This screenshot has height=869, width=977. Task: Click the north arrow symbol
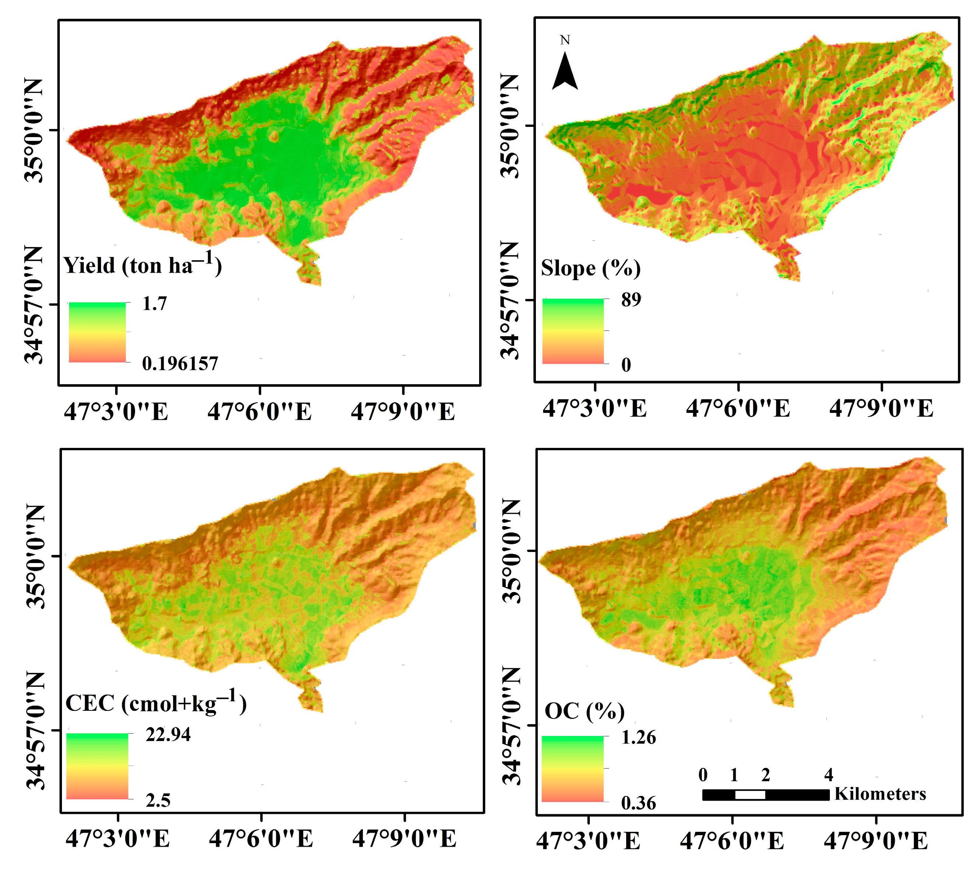(565, 72)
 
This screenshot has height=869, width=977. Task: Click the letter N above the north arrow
(565, 40)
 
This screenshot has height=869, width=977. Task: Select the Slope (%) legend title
(590, 268)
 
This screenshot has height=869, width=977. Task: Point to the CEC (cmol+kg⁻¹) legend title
(156, 703)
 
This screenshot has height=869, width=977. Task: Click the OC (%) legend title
(584, 711)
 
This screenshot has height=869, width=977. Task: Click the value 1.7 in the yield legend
(155, 304)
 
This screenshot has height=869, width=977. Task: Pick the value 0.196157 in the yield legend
(180, 364)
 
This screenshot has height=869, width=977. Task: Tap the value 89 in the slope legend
(631, 299)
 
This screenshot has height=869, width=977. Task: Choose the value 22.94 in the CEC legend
(168, 734)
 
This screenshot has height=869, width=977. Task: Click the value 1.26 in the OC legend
(638, 738)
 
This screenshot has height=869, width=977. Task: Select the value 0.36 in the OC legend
(638, 803)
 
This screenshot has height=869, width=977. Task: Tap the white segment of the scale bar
(750, 795)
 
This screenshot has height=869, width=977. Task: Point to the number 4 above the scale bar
(828, 774)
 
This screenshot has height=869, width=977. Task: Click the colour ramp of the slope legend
(573, 331)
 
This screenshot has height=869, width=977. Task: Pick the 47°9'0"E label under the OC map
(876, 841)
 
